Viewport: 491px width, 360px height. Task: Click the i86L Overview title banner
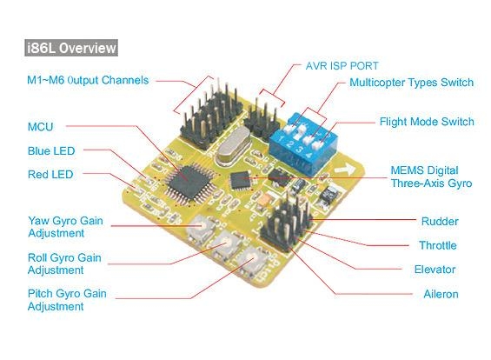(x=71, y=48)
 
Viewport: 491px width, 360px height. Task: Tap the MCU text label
(x=40, y=127)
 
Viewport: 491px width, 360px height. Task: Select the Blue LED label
(x=51, y=151)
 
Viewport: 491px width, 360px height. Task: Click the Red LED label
(x=50, y=175)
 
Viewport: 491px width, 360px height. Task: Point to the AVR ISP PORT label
(x=342, y=66)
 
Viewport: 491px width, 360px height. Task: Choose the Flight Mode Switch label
(x=427, y=122)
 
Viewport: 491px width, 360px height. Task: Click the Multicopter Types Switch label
(x=411, y=83)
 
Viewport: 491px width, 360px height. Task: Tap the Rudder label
(x=440, y=222)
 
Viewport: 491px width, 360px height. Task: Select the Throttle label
(x=438, y=245)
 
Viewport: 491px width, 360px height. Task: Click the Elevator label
(x=435, y=270)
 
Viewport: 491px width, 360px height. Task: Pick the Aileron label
(x=441, y=294)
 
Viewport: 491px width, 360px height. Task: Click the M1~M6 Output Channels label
(x=88, y=80)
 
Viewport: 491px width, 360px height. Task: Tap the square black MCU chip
(x=189, y=183)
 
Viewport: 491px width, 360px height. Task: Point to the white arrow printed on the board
(x=345, y=170)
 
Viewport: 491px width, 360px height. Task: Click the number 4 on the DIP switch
(x=309, y=155)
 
